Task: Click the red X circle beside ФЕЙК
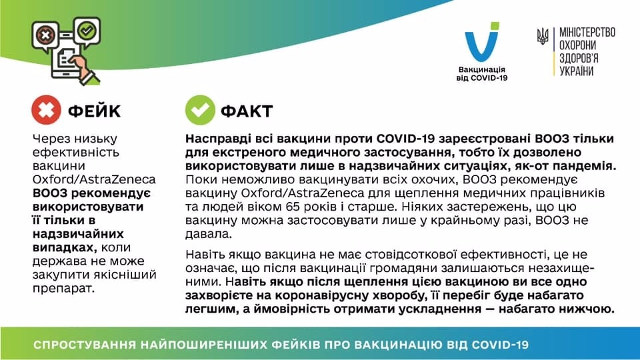pyautogui.click(x=46, y=110)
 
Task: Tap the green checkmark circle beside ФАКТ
pyautogui.click(x=200, y=110)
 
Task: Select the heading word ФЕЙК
pyautogui.click(x=94, y=111)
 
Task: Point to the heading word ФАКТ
pyautogui.click(x=247, y=111)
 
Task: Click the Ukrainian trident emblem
pyautogui.click(x=543, y=36)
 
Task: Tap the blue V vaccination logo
pyautogui.click(x=482, y=41)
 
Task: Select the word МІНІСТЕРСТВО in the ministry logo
pyautogui.click(x=587, y=33)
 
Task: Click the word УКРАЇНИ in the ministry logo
pyautogui.click(x=576, y=71)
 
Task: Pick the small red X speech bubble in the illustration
pyautogui.click(x=45, y=35)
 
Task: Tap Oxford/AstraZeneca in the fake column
pyautogui.click(x=94, y=179)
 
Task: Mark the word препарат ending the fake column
pyautogui.click(x=63, y=289)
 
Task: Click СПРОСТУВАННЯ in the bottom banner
pyautogui.click(x=85, y=345)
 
